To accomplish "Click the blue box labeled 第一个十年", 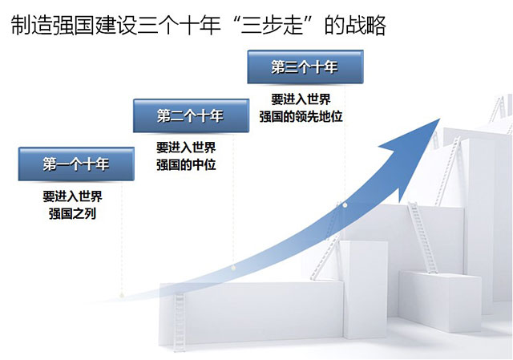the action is (x=76, y=164).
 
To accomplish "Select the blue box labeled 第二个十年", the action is (x=191, y=115).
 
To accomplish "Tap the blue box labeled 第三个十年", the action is (x=305, y=67).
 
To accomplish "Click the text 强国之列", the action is (x=72, y=214).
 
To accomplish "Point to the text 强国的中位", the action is (x=186, y=164).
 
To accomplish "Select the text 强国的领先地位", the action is (x=301, y=116).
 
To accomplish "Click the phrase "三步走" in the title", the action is (x=272, y=26).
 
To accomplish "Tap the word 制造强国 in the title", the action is (x=52, y=26).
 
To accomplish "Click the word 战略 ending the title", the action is (x=366, y=26).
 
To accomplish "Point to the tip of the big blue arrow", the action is (x=440, y=119).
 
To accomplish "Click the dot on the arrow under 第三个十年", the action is (x=345, y=205).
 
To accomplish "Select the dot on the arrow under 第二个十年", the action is (x=233, y=268).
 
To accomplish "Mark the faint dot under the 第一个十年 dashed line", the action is (x=122, y=295).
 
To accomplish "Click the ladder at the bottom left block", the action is (x=180, y=322).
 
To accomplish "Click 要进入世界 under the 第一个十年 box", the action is (x=72, y=196).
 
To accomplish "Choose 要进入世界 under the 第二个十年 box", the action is (x=186, y=148).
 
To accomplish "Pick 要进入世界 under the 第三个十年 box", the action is (x=301, y=99).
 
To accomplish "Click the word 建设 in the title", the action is (x=115, y=26).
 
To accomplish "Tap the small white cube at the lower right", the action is (x=440, y=301).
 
